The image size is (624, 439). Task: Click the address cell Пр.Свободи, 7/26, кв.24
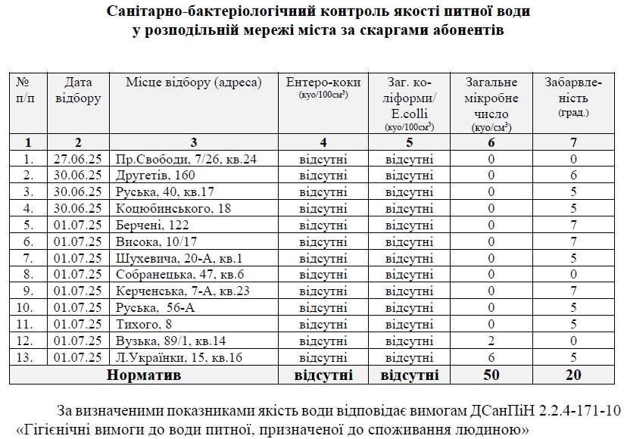click(x=186, y=159)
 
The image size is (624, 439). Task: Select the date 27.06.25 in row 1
click(x=78, y=159)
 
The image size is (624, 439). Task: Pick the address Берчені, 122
click(x=152, y=225)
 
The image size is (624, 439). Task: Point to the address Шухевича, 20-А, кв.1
click(x=179, y=257)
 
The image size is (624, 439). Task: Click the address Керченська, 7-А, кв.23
click(x=183, y=291)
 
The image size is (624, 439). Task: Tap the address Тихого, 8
click(x=142, y=324)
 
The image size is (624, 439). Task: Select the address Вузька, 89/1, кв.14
click(x=170, y=341)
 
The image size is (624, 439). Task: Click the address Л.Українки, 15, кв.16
click(x=179, y=357)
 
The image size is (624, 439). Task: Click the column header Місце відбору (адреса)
click(x=193, y=82)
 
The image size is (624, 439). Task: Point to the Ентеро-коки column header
click(x=323, y=82)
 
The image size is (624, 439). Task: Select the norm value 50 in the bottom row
click(x=491, y=374)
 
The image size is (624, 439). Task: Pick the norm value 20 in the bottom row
click(x=573, y=374)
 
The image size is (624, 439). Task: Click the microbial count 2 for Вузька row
click(x=491, y=341)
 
